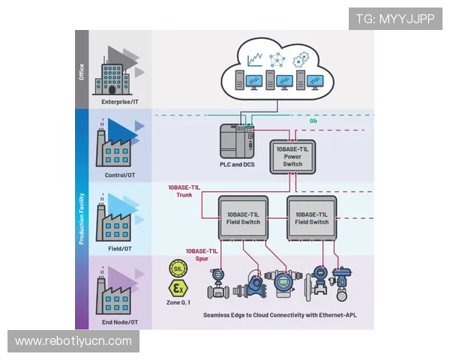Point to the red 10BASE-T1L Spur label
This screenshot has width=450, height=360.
pos(202,254)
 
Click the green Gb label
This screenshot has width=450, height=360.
pos(313,121)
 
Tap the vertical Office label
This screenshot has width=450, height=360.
pos(82,71)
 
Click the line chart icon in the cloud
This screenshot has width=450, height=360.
pos(257,57)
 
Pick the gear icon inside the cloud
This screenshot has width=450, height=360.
pos(302,57)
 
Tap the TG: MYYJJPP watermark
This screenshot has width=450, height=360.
pos(395,19)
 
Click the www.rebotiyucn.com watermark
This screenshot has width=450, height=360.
pos(73,341)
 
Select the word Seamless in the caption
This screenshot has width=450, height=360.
pos(221,316)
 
